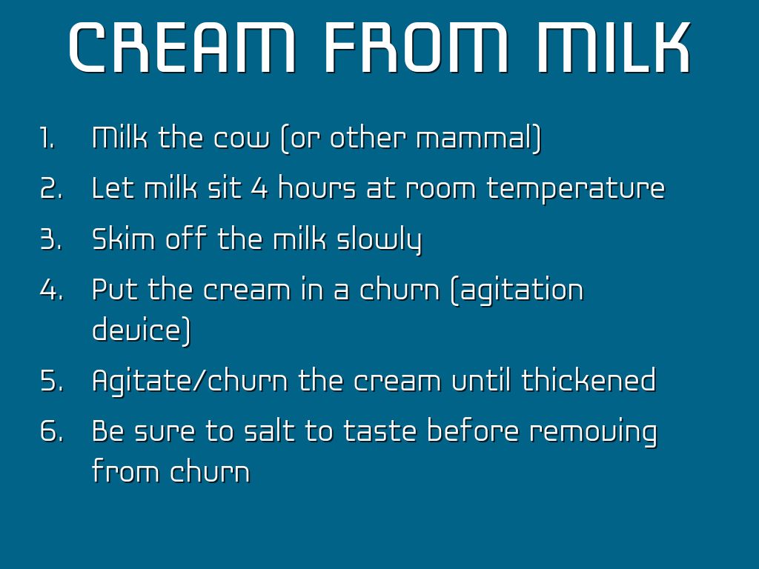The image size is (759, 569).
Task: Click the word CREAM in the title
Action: pos(182,47)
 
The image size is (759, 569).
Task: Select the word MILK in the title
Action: pos(613,47)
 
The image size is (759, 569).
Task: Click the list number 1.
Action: pos(47,138)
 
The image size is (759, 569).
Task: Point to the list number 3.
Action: pos(51,239)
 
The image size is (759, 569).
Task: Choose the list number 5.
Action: pos(51,380)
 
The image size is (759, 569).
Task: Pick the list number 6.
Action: pos(51,431)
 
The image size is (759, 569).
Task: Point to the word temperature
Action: pos(575,190)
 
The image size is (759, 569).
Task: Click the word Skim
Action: pos(123,239)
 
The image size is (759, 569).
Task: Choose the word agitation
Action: pos(517,290)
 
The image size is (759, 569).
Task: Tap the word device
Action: pos(142,330)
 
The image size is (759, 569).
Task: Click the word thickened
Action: pos(589,380)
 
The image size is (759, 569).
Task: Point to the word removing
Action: pos(593,433)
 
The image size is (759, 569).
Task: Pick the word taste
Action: pos(380,431)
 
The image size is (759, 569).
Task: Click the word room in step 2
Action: pos(440,190)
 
